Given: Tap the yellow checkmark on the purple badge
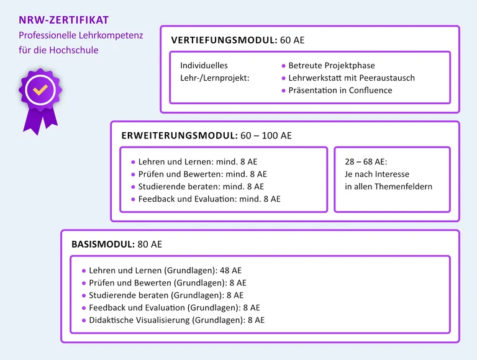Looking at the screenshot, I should (40, 90).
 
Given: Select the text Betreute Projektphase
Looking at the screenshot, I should (332, 65).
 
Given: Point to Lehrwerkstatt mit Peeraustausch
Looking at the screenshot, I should (352, 78).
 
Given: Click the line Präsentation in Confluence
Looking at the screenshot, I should (340, 90).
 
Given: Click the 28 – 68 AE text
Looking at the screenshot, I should (366, 162).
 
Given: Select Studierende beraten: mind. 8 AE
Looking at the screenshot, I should (201, 187).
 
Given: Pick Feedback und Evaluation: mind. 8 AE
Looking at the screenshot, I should (209, 199).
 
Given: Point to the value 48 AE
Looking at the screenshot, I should (230, 271).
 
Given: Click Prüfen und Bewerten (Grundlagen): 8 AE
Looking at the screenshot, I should (168, 283).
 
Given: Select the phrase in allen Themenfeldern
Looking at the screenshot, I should (388, 187).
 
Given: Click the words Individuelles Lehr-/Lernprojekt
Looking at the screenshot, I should (214, 71).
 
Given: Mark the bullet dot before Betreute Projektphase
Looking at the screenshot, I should (284, 66).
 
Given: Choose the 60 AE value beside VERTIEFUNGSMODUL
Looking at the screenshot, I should (293, 40).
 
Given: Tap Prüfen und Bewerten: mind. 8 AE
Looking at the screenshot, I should (202, 174).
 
